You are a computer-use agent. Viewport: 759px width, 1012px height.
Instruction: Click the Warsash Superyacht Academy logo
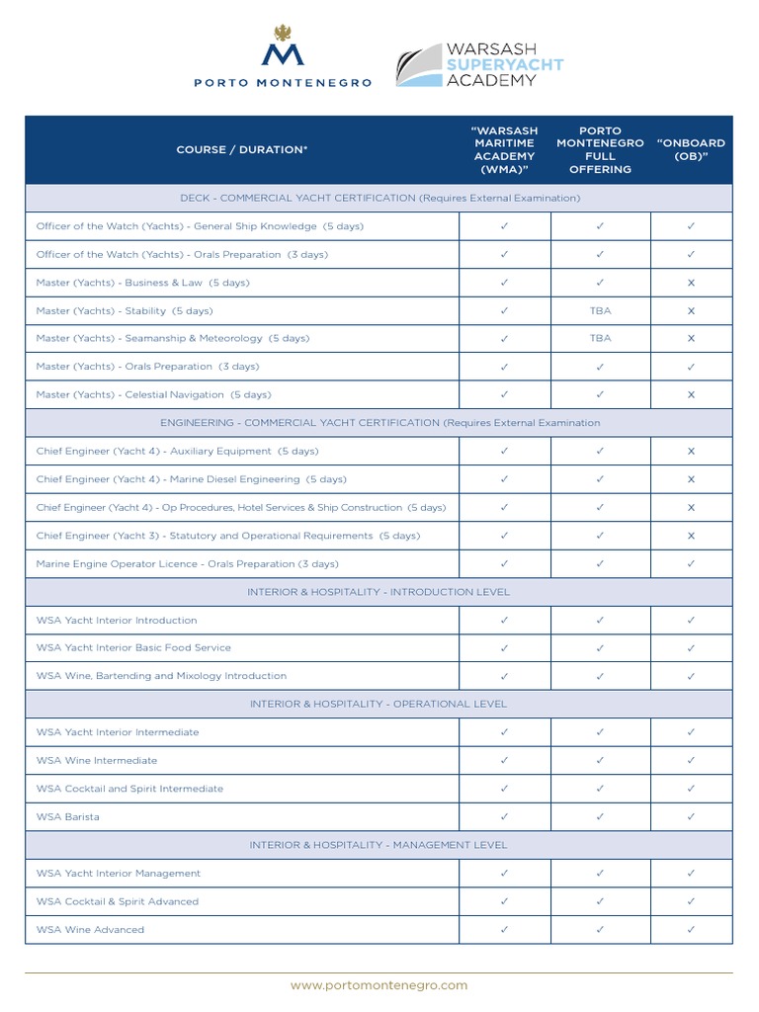tap(480, 64)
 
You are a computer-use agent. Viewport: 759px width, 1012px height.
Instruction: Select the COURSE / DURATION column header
tap(242, 150)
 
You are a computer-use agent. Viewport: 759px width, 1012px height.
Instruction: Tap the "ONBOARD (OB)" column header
tap(691, 150)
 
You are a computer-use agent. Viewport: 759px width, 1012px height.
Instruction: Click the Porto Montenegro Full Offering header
tap(600, 150)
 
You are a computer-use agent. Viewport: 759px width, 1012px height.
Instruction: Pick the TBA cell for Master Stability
tap(600, 310)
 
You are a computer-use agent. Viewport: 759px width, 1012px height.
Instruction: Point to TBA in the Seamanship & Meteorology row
tap(600, 338)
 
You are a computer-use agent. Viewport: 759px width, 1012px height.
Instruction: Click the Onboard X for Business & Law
tap(691, 283)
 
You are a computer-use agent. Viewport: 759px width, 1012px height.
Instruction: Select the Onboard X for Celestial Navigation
tap(691, 394)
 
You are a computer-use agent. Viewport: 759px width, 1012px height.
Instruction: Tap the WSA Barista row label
tap(68, 817)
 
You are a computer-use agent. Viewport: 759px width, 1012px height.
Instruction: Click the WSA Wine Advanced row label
tap(90, 930)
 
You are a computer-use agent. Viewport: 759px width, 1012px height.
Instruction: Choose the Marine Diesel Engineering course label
tap(192, 479)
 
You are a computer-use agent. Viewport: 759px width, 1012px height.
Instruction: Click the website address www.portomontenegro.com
tap(379, 985)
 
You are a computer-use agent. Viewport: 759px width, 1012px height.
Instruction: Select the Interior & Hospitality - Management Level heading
tap(379, 845)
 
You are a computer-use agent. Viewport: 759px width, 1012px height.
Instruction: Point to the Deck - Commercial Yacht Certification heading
tap(379, 199)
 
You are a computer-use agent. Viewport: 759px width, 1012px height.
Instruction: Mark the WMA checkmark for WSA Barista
tap(504, 817)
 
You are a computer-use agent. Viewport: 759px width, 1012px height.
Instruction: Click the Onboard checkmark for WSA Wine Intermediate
tap(691, 761)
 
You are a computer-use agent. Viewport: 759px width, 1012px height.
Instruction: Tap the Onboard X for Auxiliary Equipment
tap(691, 452)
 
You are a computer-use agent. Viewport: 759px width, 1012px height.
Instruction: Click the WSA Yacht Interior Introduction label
tap(117, 621)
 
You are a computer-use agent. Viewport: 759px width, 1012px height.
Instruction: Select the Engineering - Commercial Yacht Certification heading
tap(379, 423)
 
